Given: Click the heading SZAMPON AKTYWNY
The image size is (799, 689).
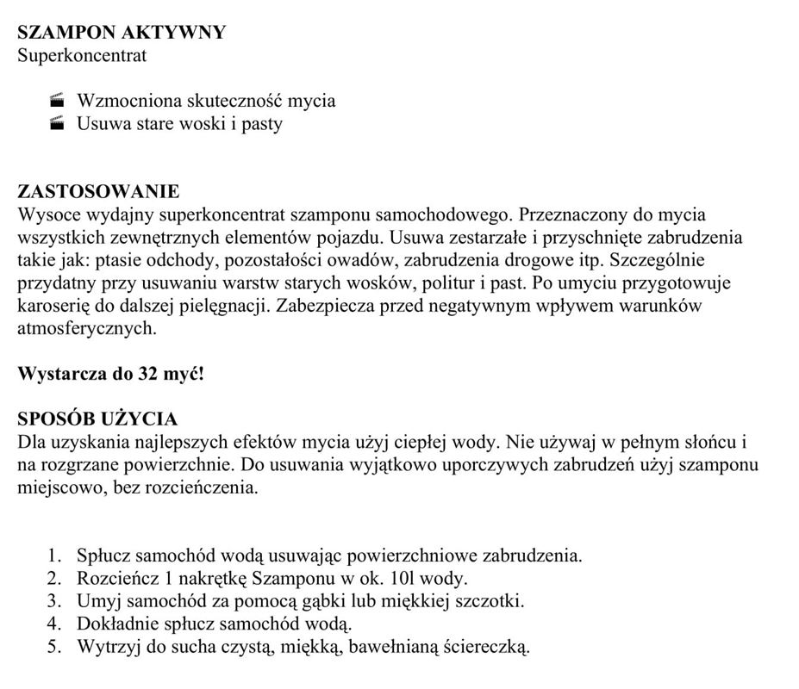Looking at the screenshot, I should (x=122, y=33).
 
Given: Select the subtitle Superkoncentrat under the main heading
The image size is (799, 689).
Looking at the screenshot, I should (x=82, y=56).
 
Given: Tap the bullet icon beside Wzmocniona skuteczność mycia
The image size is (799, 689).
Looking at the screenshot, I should (x=58, y=101).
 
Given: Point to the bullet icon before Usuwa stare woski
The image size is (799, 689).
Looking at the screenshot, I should (x=58, y=124).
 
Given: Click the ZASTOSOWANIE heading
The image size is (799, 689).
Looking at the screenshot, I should (x=98, y=191).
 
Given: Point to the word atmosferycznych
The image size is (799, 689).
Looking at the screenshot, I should (x=86, y=328).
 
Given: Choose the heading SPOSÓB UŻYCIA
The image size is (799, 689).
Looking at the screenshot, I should (x=97, y=419).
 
